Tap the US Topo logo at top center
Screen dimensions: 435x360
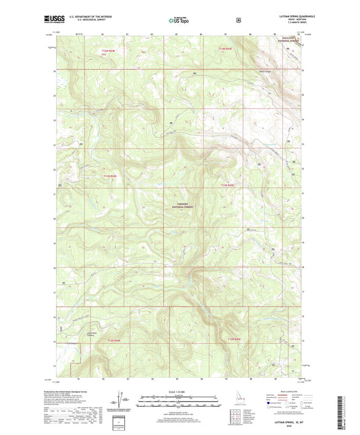click(x=179, y=20)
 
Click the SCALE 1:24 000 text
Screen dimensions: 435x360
click(x=180, y=392)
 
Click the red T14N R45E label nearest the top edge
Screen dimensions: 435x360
click(x=226, y=49)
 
